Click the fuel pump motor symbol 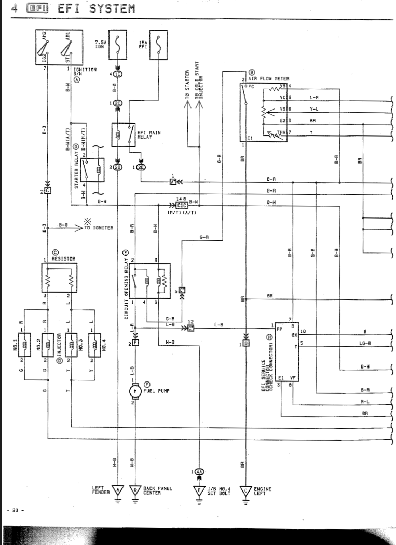[135, 390]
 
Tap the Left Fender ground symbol [118, 490]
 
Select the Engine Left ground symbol [245, 490]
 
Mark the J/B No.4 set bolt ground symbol [200, 490]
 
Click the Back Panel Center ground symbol [136, 490]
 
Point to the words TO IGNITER [98, 228]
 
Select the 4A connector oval [200, 472]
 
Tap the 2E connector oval [142, 167]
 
